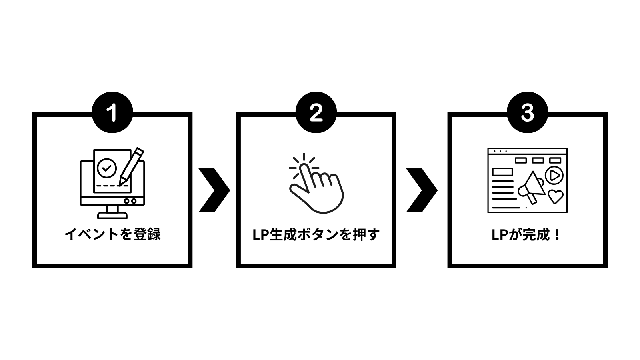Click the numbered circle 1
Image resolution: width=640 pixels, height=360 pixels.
click(112, 112)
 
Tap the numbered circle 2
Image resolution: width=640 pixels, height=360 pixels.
click(316, 112)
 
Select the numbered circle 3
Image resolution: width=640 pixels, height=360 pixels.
click(527, 112)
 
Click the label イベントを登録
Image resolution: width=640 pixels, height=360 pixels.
click(112, 234)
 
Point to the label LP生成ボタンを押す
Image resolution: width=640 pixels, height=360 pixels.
click(316, 234)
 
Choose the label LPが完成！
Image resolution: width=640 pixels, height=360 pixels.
click(527, 234)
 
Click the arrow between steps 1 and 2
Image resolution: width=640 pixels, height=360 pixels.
click(214, 190)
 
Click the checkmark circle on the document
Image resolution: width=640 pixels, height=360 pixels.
click(107, 168)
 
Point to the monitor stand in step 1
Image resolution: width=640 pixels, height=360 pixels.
click(112, 212)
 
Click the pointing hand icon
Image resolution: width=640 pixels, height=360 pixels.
click(318, 188)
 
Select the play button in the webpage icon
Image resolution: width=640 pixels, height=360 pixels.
click(554, 175)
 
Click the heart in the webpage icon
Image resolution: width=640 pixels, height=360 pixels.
click(555, 196)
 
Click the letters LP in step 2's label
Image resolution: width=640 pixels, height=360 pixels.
click(261, 235)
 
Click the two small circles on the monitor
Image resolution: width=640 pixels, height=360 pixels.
click(130, 201)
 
